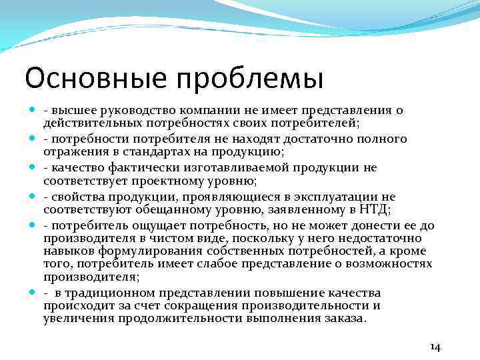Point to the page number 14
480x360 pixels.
tap(435, 347)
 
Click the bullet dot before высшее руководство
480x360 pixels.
tap(33, 111)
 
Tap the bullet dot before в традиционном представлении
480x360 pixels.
tap(33, 293)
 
